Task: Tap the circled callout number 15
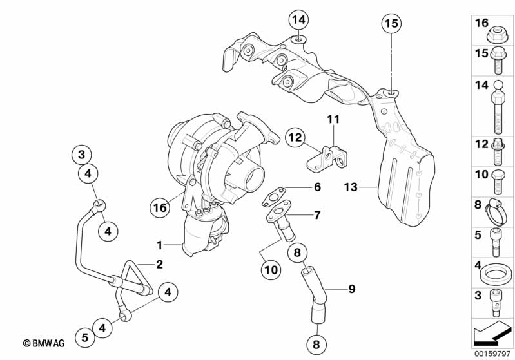tap(391, 24)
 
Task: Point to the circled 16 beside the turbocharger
tap(160, 207)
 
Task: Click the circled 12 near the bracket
tap(295, 137)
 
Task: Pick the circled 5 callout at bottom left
tap(85, 336)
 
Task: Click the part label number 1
tap(159, 245)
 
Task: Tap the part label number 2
tap(159, 264)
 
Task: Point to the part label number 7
tap(317, 215)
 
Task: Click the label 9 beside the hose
tap(352, 289)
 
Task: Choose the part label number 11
tap(332, 119)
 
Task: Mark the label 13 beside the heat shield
tap(350, 187)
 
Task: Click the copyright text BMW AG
tap(44, 345)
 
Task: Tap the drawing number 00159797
tap(492, 353)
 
